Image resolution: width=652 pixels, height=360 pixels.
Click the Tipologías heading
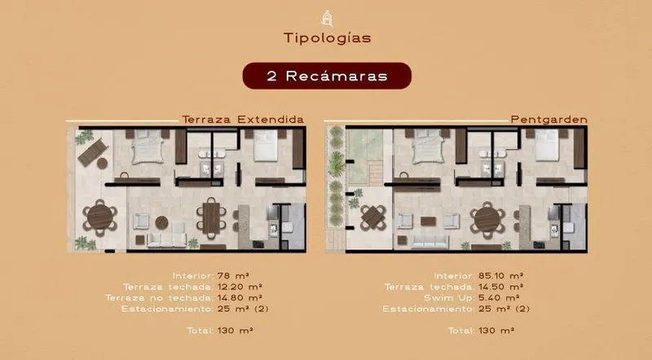coord(328,38)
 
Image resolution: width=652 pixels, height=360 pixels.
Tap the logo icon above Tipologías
coord(328,18)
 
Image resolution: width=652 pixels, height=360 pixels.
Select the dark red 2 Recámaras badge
coord(327,76)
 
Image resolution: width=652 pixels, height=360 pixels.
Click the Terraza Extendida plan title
coord(243,120)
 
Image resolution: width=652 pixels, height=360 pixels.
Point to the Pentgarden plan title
coord(548,120)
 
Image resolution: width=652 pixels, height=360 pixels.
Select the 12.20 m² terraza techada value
coord(240,287)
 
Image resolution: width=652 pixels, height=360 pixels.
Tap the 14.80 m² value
coord(240,297)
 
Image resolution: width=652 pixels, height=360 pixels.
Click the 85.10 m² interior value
coord(500,275)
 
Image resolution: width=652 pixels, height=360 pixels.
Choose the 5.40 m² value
coord(499,297)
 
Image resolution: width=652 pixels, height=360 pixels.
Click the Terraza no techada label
coord(159,297)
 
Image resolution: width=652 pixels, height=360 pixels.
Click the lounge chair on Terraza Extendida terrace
coord(93,152)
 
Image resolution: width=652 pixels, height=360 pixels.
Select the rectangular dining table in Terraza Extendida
coord(211,217)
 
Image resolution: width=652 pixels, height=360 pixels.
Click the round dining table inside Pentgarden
coord(487,219)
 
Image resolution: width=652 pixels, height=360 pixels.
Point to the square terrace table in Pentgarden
coord(373,217)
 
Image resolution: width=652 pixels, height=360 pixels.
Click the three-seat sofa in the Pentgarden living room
coord(430,242)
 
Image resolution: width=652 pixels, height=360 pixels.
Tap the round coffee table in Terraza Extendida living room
coord(161,222)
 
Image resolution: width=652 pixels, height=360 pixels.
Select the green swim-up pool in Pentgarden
coord(364,156)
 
